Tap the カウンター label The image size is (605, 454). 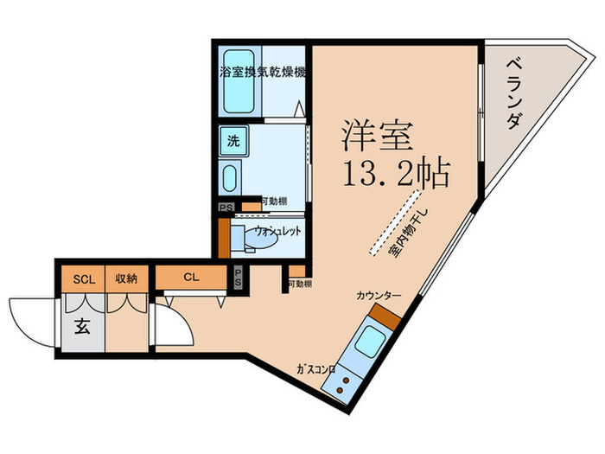(379, 296)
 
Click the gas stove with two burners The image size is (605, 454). (344, 383)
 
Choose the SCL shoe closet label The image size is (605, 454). (83, 278)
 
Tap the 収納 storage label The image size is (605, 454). (126, 278)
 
